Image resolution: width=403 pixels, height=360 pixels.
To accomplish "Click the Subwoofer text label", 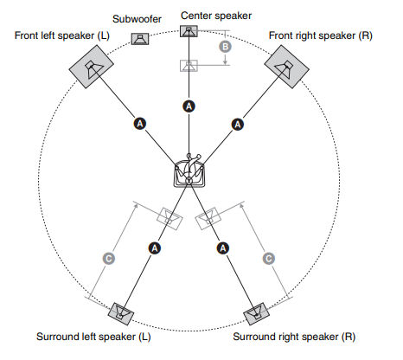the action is [137, 19].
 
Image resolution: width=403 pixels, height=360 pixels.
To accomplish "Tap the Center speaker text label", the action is [216, 16].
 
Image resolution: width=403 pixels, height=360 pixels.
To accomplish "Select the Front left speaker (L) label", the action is [62, 35].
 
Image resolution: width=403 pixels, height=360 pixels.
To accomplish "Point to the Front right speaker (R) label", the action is [321, 35].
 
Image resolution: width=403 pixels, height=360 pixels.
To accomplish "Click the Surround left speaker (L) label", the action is [93, 337].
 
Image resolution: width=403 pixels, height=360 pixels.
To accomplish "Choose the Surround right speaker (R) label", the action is [294, 337].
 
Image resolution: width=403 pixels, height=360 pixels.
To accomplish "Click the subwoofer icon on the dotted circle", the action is [140, 39].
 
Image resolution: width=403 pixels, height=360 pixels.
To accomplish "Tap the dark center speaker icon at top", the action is [189, 31].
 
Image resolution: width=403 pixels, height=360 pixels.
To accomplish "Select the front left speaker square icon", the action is [91, 67].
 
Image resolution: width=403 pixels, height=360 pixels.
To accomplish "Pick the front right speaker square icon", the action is [287, 67].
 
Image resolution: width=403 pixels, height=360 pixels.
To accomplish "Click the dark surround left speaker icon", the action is [121, 313].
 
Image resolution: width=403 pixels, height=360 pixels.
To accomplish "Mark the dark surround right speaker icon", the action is [256, 313].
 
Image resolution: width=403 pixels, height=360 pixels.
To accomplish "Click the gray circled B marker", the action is [226, 47].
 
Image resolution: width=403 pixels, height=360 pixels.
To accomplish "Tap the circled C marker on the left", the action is [109, 259].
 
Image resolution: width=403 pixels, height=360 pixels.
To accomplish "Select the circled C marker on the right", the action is [269, 259].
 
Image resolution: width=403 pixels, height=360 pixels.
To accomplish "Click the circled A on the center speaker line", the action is [189, 106].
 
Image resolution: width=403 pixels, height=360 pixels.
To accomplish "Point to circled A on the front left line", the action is [140, 124].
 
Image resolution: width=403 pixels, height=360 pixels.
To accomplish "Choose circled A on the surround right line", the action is [223, 248].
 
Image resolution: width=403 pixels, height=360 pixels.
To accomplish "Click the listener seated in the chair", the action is [189, 171].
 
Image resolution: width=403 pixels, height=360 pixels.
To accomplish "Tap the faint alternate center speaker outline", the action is [189, 66].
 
